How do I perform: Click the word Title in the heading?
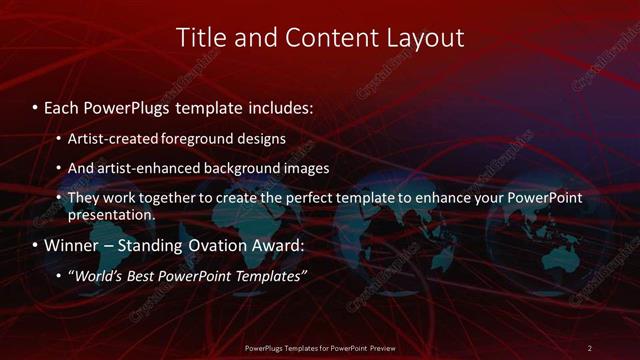pyautogui.click(x=201, y=38)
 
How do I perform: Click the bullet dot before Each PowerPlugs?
pyautogui.click(x=36, y=104)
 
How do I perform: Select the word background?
pyautogui.click(x=232, y=168)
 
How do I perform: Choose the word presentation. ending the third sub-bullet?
pyautogui.click(x=112, y=214)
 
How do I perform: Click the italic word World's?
pyautogui.click(x=96, y=276)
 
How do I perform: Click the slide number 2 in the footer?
pyautogui.click(x=590, y=347)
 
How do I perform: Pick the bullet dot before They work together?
pyautogui.click(x=59, y=199)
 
